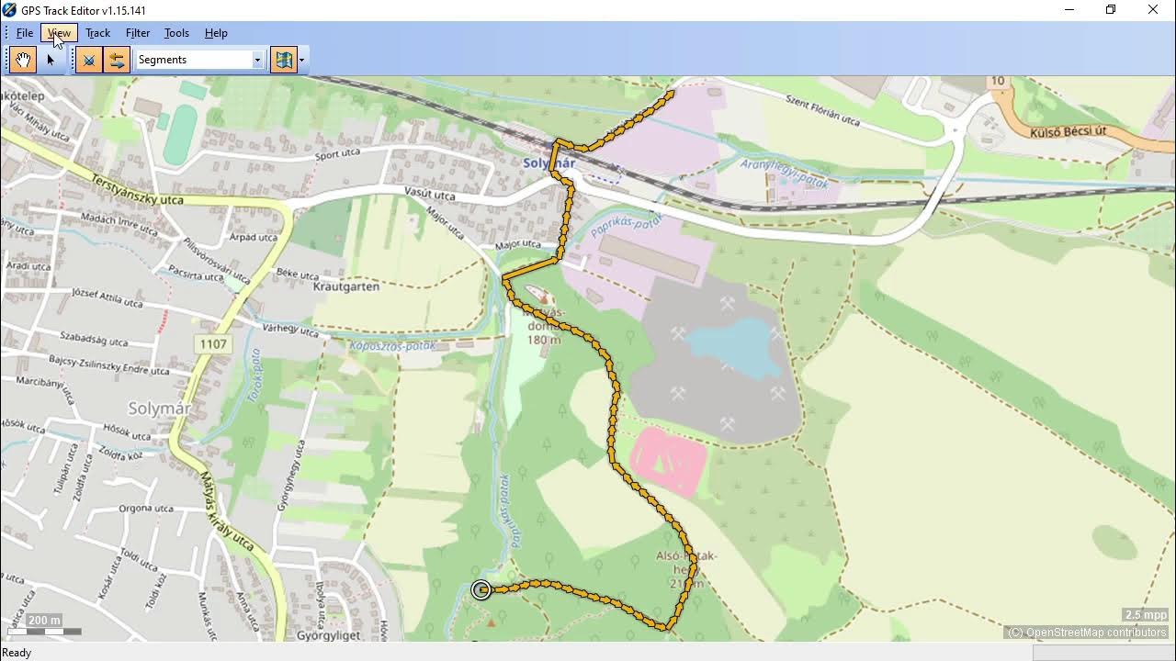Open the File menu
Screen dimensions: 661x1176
coord(25,33)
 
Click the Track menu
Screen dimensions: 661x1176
coord(97,33)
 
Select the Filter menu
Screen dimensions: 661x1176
coord(138,33)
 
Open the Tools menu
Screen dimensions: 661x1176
coord(176,33)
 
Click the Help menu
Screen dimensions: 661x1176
coord(216,33)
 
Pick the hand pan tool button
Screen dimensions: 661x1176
coord(23,61)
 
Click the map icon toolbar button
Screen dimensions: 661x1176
coord(284,61)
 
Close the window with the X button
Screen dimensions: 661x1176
coord(1153,10)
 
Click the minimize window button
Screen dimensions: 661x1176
coord(1069,10)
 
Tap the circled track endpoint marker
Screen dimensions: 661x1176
coord(481,590)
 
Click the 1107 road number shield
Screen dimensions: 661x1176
coord(212,344)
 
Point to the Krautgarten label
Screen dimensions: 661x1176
coord(346,286)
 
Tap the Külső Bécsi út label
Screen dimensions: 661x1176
coord(1068,132)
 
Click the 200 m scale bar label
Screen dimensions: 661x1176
coord(43,621)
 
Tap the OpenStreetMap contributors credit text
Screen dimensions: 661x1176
coord(1087,633)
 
